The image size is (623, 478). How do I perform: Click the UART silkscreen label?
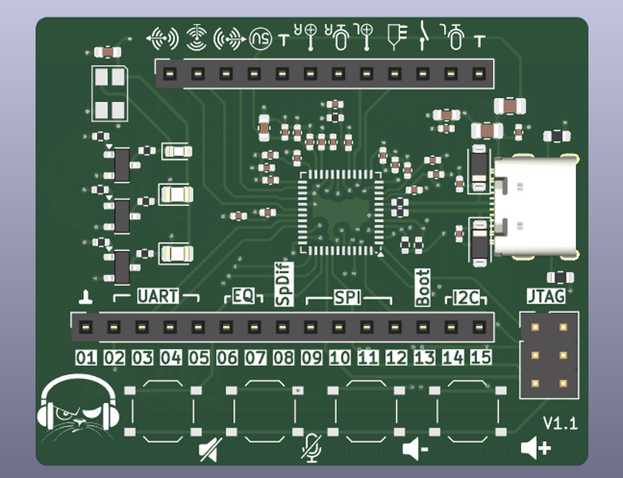[x=158, y=296]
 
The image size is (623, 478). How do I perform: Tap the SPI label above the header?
[x=347, y=298]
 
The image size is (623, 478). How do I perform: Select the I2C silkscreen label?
[x=465, y=299]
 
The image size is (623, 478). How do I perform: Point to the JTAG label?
[x=546, y=296]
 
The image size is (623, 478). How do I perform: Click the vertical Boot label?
[x=423, y=288]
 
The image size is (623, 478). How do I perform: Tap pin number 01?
[x=86, y=358]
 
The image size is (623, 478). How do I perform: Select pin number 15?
[x=480, y=358]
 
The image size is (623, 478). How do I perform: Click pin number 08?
[x=283, y=358]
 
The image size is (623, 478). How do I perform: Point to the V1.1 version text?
[x=560, y=422]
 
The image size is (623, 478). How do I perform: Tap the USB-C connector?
[x=536, y=206]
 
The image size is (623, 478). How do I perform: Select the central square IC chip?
[x=339, y=212]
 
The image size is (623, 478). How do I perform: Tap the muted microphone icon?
[x=311, y=449]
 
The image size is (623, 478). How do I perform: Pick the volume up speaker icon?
[x=535, y=449]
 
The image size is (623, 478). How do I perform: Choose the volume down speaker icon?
[x=415, y=449]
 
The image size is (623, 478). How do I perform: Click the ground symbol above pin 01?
[x=86, y=298]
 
